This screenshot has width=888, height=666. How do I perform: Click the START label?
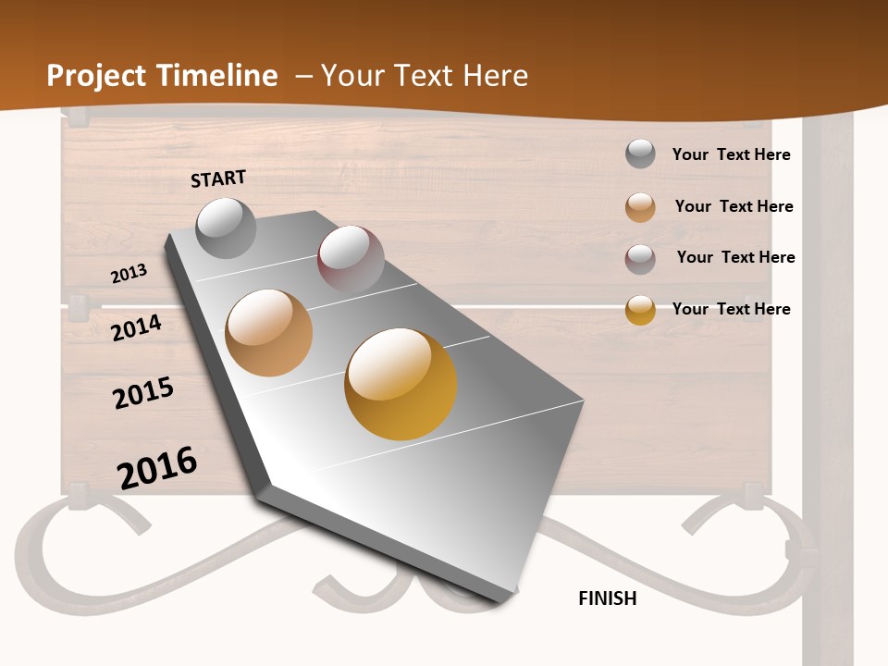(218, 179)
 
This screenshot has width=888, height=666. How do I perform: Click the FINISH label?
(608, 598)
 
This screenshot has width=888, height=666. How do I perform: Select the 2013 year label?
(129, 274)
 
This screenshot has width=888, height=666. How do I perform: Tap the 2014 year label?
(137, 327)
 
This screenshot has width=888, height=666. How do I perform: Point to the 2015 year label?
(143, 393)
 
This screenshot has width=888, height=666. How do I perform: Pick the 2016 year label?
(157, 468)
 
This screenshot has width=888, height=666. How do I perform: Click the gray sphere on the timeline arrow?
(226, 228)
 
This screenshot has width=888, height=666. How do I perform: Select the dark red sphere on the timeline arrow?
(351, 258)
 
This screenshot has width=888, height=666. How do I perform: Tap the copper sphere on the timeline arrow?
(268, 333)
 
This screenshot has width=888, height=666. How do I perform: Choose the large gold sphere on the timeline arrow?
(401, 384)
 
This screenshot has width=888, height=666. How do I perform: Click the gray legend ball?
(640, 154)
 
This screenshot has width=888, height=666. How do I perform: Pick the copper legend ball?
(640, 207)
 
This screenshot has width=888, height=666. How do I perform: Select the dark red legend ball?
(640, 259)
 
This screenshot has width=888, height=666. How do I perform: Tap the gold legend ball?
(640, 311)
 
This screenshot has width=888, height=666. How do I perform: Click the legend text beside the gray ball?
(731, 154)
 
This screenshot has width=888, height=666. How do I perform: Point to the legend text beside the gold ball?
(731, 309)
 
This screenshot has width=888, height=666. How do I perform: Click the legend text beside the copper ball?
(734, 206)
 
